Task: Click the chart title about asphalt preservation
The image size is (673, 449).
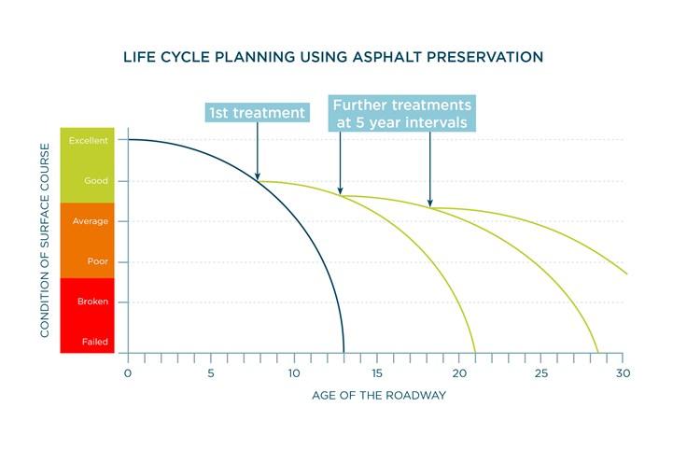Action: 333,57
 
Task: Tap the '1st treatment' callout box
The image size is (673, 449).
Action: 257,113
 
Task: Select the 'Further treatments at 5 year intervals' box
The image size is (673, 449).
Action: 401,112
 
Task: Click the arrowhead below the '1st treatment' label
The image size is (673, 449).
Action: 258,174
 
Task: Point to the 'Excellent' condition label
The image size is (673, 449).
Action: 86,140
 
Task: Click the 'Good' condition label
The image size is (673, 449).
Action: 86,181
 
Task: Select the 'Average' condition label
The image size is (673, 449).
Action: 86,221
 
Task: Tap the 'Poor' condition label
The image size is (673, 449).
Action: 86,262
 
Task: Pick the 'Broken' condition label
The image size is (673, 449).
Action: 86,302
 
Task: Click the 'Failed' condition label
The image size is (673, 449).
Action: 86,343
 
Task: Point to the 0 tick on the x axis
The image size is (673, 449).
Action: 128,373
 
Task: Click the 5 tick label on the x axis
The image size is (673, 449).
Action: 211,373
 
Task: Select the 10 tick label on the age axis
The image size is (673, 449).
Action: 294,373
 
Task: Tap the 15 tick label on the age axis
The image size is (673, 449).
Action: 376,373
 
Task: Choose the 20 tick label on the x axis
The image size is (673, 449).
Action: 459,373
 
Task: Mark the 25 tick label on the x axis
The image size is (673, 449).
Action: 542,373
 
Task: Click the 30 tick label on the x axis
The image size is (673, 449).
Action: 624,373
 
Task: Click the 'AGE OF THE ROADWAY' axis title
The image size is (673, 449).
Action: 377,396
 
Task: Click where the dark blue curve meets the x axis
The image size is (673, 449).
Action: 344,353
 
